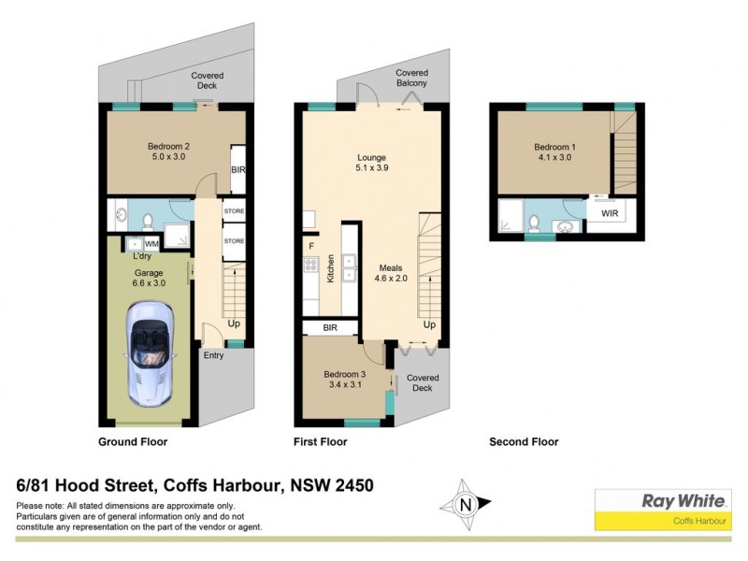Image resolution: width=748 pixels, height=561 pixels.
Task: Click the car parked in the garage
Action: pyautogui.click(x=150, y=352)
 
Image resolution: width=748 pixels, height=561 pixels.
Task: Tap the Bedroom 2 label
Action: pyautogui.click(x=168, y=146)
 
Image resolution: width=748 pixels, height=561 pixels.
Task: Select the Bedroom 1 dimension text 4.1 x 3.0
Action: pyautogui.click(x=552, y=160)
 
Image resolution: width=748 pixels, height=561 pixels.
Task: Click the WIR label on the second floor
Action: pyautogui.click(x=610, y=214)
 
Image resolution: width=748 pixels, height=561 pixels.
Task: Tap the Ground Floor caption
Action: pyautogui.click(x=133, y=442)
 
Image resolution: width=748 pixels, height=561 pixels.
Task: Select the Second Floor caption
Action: pyautogui.click(x=524, y=442)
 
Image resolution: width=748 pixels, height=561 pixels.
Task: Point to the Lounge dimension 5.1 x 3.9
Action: pyautogui.click(x=371, y=169)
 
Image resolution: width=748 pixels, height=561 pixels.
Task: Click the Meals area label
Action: pyautogui.click(x=391, y=267)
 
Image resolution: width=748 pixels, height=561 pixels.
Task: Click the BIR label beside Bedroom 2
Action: pyautogui.click(x=237, y=170)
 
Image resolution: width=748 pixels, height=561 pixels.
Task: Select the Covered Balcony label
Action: pyautogui.click(x=411, y=79)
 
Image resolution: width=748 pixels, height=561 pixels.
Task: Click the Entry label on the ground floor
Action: pyautogui.click(x=214, y=355)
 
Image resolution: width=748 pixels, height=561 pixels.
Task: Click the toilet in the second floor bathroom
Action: pyautogui.click(x=534, y=223)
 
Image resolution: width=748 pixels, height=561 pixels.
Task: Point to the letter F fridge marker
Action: pyautogui.click(x=311, y=246)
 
